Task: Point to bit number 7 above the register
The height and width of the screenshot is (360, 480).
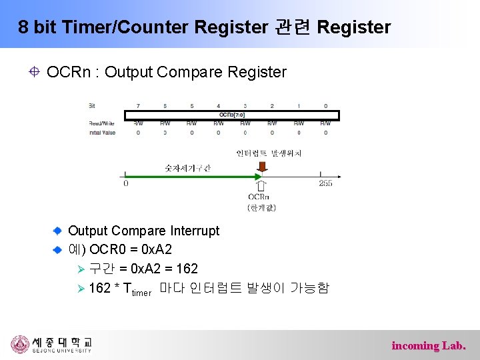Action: click(x=138, y=105)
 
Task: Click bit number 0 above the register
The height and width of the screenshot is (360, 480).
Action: click(x=325, y=105)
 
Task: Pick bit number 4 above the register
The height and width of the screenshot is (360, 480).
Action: click(x=218, y=105)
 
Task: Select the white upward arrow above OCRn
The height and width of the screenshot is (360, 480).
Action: click(x=261, y=186)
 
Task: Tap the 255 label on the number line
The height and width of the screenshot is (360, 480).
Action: click(x=325, y=183)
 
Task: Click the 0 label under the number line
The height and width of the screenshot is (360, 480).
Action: click(x=126, y=183)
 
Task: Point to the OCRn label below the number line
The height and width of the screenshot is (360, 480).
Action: click(x=259, y=197)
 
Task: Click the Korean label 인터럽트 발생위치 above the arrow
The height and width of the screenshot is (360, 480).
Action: click(x=269, y=153)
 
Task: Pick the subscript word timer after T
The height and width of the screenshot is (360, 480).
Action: click(x=141, y=292)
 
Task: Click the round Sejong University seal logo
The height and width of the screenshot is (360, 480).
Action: click(x=20, y=345)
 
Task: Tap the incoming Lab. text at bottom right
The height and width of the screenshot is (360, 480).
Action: click(x=428, y=345)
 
